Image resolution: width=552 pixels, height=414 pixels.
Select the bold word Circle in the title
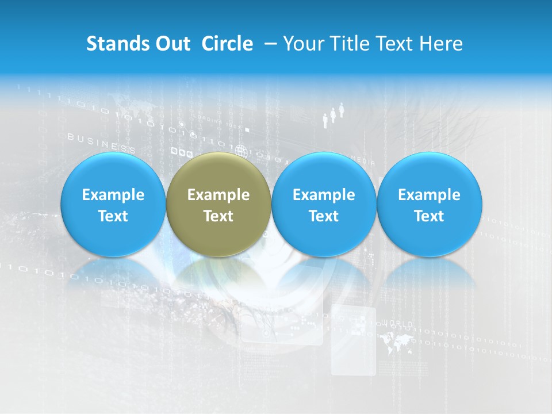(227, 44)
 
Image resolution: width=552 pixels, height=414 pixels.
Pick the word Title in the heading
(350, 44)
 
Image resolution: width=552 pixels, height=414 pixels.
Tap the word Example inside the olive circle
(218, 195)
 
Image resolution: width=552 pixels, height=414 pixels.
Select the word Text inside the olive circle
(218, 216)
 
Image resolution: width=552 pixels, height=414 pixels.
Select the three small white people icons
(333, 114)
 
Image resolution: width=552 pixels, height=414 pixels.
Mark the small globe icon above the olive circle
(241, 152)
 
